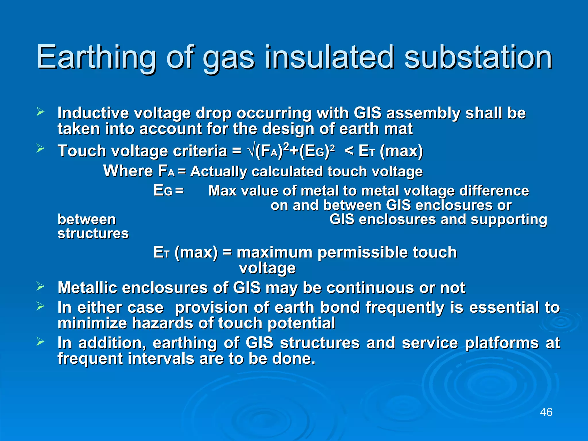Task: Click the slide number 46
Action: (546, 412)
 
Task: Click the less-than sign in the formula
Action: (349, 151)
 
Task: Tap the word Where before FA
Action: (128, 171)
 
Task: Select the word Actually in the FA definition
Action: (218, 172)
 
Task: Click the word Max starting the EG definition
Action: (223, 191)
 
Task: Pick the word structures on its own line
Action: (93, 233)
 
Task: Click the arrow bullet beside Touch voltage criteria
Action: (40, 149)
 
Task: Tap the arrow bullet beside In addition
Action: (40, 341)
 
